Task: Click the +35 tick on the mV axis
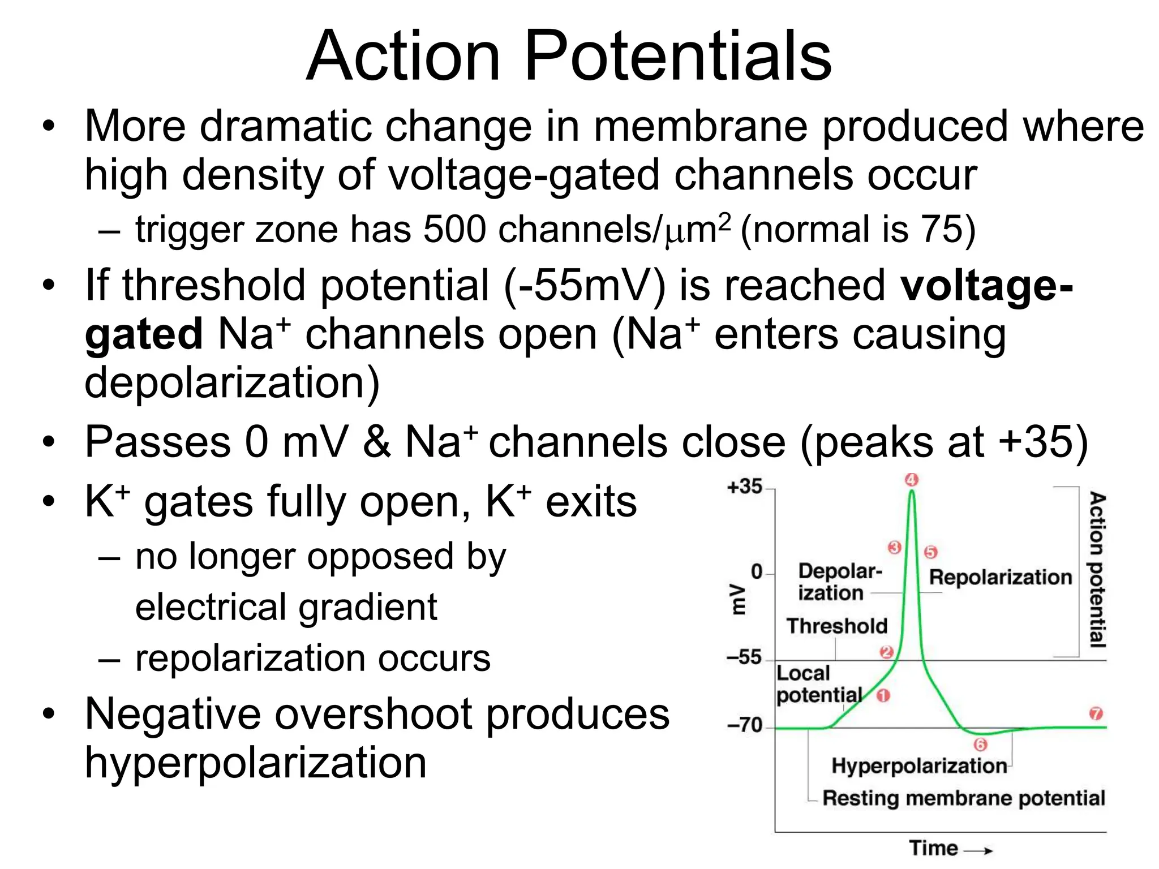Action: click(x=745, y=487)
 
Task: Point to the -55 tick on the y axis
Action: click(x=744, y=657)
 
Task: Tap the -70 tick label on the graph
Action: click(x=745, y=725)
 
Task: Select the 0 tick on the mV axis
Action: click(x=757, y=571)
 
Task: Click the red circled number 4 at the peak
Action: click(x=912, y=480)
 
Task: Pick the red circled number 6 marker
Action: click(x=980, y=745)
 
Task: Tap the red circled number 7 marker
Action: click(x=1096, y=713)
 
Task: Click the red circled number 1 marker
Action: click(x=883, y=695)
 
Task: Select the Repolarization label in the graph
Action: click(x=1001, y=577)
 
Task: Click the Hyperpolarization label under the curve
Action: click(x=919, y=766)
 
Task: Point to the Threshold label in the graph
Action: click(x=836, y=626)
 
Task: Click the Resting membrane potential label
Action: click(x=963, y=798)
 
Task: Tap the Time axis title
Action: click(x=934, y=848)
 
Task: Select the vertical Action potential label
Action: click(x=1097, y=569)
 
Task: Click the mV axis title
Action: click(x=738, y=599)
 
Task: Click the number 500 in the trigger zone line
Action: click(x=454, y=230)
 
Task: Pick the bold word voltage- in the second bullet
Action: click(x=986, y=285)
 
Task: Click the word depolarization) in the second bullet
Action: click(x=232, y=382)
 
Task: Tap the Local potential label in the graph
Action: click(x=818, y=684)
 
